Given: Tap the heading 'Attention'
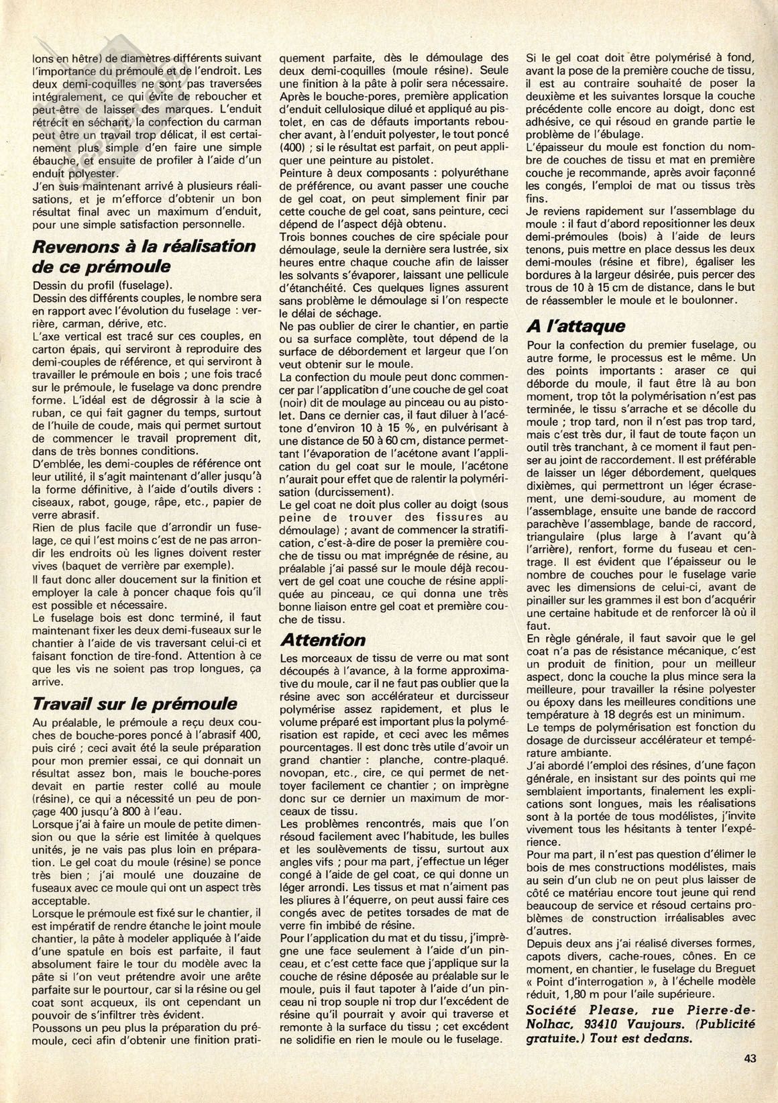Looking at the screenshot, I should [x=323, y=639].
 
